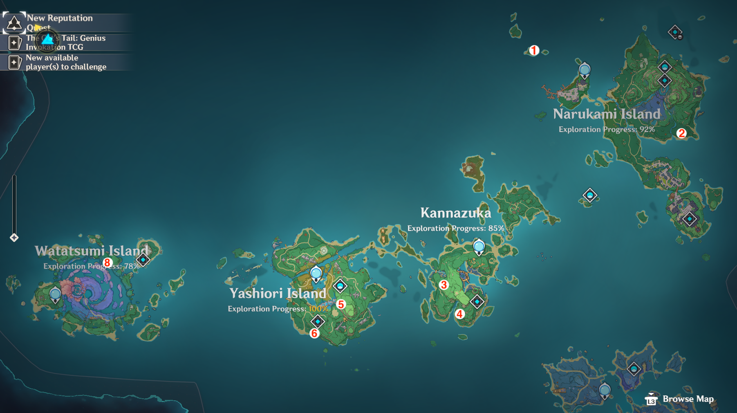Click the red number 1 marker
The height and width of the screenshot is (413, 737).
pyautogui.click(x=534, y=50)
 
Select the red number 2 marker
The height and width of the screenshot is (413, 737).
pyautogui.click(x=681, y=133)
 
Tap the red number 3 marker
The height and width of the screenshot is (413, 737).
pyautogui.click(x=444, y=285)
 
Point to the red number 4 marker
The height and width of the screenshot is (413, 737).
pyautogui.click(x=459, y=314)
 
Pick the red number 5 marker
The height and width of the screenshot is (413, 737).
pyautogui.click(x=341, y=304)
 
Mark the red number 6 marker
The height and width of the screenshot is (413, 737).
pyautogui.click(x=314, y=333)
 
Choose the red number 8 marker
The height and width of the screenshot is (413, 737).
pyautogui.click(x=107, y=263)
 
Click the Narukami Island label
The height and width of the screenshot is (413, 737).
pyautogui.click(x=607, y=114)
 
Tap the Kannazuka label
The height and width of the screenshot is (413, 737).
pyautogui.click(x=455, y=213)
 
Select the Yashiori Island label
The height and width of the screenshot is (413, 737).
pyautogui.click(x=278, y=293)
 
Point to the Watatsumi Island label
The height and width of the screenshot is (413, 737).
pyautogui.click(x=92, y=251)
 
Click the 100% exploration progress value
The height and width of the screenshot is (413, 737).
pyautogui.click(x=318, y=309)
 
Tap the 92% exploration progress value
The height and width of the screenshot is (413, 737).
pyautogui.click(x=647, y=130)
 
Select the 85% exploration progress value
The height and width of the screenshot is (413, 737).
pyautogui.click(x=496, y=228)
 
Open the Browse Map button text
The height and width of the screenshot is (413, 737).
pyautogui.click(x=688, y=399)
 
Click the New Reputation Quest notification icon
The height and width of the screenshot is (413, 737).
pyautogui.click(x=14, y=22)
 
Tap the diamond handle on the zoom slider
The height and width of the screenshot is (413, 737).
pyautogui.click(x=14, y=238)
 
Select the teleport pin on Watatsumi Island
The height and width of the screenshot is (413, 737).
pyautogui.click(x=55, y=294)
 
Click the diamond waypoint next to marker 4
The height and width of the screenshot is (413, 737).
pyautogui.click(x=477, y=302)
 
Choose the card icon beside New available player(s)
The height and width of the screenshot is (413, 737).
pyautogui.click(x=14, y=62)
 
